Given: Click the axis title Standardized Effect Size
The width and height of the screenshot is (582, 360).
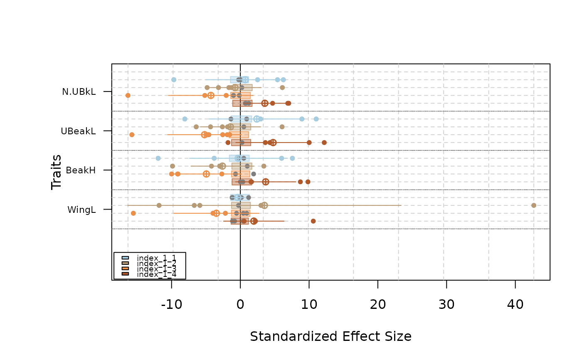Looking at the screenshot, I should click(x=330, y=336).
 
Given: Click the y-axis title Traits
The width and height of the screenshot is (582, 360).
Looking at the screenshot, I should click(x=57, y=172).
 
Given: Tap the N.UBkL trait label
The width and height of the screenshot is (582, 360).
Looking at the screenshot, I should click(x=79, y=92).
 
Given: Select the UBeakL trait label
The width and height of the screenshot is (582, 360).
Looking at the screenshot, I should click(x=78, y=131).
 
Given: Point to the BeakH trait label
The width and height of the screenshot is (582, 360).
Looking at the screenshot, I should click(x=81, y=170).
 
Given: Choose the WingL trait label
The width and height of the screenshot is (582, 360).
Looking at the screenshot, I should click(x=81, y=210).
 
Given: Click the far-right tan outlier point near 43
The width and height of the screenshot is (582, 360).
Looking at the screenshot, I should click(x=534, y=205).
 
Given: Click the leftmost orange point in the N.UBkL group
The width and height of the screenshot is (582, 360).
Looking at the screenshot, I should click(x=128, y=96).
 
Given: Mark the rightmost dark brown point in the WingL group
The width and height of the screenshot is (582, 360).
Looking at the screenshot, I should click(x=313, y=221).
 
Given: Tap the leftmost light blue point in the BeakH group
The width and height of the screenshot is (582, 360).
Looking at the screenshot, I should click(x=158, y=158).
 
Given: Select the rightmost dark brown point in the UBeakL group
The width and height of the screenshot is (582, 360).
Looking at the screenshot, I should click(x=324, y=143).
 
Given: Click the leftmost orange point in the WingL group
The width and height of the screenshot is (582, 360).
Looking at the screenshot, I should click(x=133, y=213).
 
